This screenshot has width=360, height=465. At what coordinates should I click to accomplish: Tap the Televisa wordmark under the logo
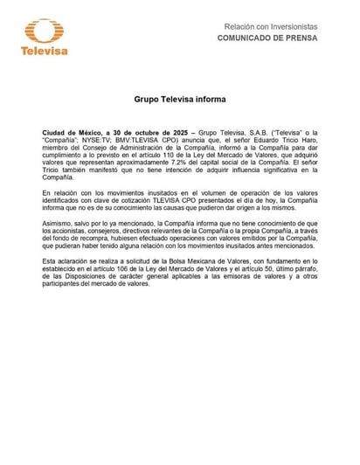coord(38,51)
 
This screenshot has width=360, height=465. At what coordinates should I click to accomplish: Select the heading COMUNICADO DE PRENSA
coord(267,40)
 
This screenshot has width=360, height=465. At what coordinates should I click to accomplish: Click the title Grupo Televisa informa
coord(179,101)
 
